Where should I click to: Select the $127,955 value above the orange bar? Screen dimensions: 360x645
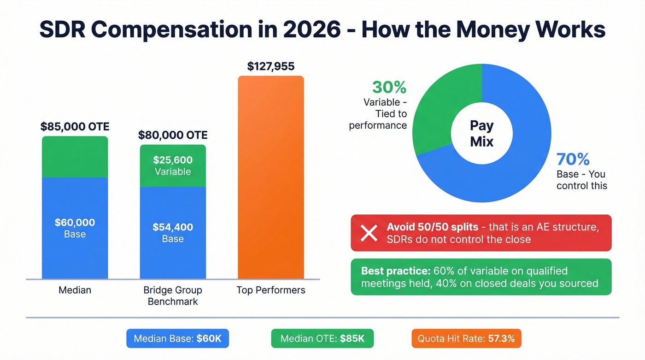(270, 66)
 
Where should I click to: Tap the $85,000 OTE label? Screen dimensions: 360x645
(75, 126)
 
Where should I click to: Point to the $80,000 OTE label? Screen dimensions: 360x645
(173, 135)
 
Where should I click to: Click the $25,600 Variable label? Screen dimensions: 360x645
(173, 166)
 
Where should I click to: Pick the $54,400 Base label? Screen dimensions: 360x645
(173, 233)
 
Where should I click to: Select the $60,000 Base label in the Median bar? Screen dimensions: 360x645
(75, 228)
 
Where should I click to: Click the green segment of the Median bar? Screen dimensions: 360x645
(75, 157)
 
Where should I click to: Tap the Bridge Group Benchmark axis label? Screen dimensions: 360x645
(173, 296)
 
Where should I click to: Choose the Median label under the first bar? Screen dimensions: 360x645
(75, 290)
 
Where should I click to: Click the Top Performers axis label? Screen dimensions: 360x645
(270, 290)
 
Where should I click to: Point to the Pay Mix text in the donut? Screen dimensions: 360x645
(481, 133)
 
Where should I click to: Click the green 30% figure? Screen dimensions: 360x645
(389, 88)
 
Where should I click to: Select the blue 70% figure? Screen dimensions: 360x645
(573, 159)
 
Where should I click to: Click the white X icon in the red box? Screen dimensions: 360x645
(369, 233)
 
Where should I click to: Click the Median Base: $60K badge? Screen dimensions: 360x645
(177, 339)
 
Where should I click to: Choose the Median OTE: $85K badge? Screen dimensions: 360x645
(322, 339)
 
